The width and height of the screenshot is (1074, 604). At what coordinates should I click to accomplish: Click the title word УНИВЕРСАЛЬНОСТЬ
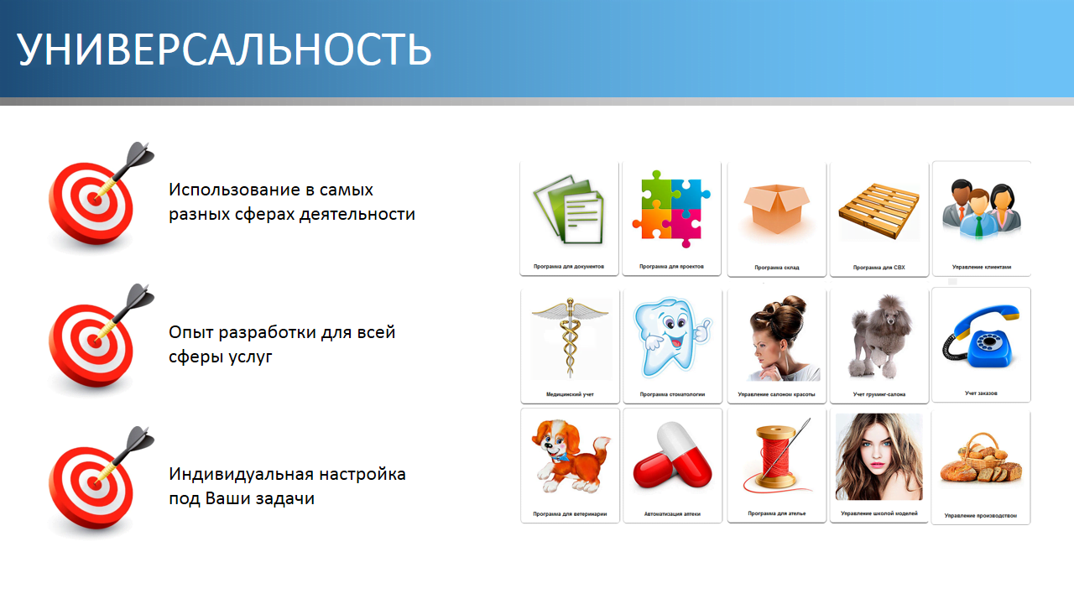[x=224, y=49]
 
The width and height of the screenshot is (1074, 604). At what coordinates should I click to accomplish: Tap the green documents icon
[x=569, y=210]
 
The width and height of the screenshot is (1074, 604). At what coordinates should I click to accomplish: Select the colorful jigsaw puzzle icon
[x=671, y=209]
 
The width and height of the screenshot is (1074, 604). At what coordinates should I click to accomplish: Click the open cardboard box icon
[x=776, y=209]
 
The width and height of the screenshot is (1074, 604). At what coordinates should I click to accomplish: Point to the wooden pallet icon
[x=878, y=211]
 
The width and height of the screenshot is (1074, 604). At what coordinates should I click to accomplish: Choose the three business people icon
[x=982, y=209]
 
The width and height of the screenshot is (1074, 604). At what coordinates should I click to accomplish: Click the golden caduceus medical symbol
[x=570, y=337]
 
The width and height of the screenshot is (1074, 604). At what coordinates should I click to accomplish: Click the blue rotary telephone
[x=981, y=337]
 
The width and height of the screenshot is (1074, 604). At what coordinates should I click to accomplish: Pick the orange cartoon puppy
[x=570, y=456]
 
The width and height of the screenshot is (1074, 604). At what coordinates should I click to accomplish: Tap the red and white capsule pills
[x=672, y=456]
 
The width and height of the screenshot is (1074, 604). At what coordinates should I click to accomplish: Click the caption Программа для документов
[x=569, y=267]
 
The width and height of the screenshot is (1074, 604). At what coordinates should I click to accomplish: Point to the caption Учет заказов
[x=981, y=393]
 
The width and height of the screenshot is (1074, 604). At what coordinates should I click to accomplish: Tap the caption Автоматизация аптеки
[x=672, y=514]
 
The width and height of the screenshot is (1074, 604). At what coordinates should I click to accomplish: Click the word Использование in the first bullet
[x=235, y=190]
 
